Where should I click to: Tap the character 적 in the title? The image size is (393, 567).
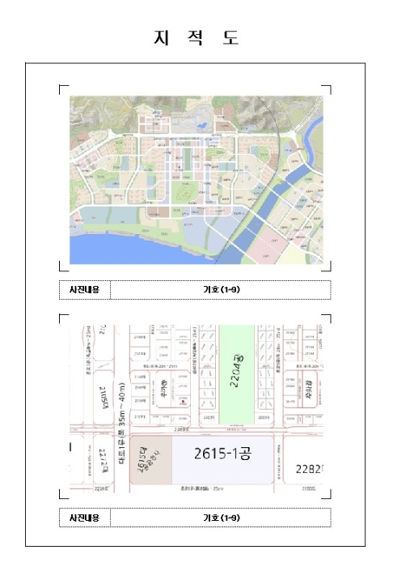coord(196,38)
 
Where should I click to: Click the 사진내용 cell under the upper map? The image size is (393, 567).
coord(84,289)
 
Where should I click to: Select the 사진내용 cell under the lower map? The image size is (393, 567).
coord(84,518)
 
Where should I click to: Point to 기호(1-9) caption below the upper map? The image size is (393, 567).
coord(220,289)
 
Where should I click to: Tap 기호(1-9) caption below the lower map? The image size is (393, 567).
coord(220,518)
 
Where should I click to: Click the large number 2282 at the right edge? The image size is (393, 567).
coord(310,470)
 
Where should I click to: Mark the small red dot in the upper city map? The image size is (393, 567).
coord(179,168)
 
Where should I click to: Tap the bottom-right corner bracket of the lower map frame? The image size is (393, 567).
coord(327,497)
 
